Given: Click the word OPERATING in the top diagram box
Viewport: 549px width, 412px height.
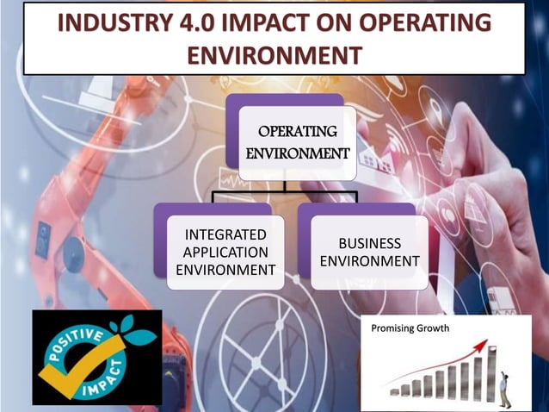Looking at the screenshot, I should click(297, 132).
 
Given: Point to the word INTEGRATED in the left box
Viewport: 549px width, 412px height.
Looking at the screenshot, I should click(226, 234).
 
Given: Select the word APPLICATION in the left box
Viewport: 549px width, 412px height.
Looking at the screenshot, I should click(226, 253).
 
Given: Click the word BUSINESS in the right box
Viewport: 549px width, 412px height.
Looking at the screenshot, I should click(369, 243).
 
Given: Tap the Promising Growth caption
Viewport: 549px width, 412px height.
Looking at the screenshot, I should click(410, 328).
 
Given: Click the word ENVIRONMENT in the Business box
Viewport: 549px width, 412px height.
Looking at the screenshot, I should click(369, 261).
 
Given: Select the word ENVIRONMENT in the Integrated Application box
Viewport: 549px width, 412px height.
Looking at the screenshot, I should click(226, 271).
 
